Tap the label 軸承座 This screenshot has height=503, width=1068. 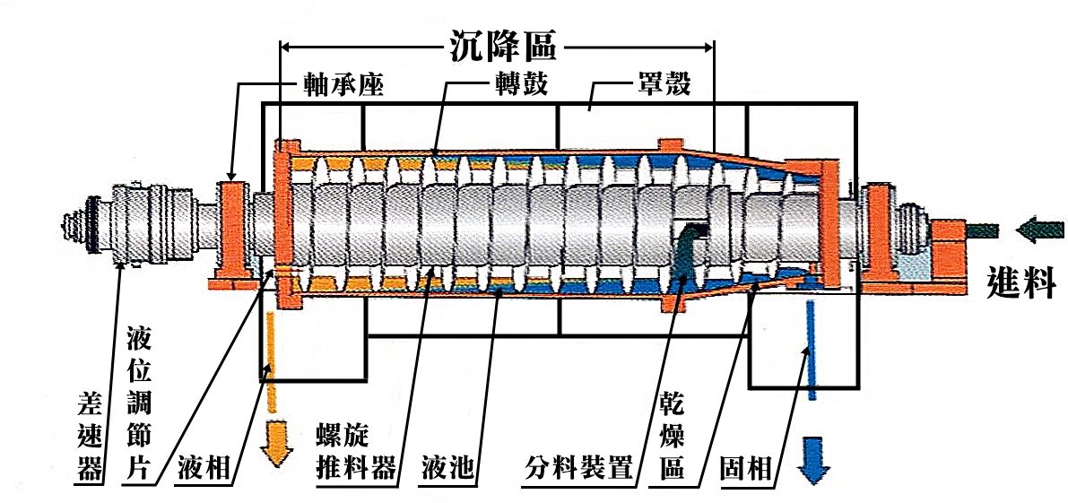pos(341,86)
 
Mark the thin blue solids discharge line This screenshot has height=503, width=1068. pos(811,350)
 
